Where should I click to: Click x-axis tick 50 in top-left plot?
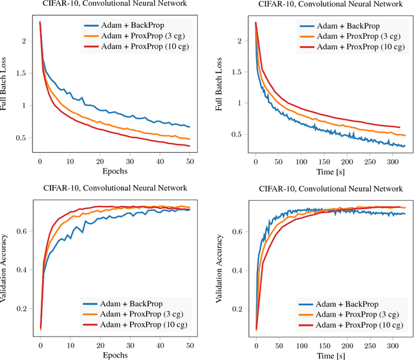click(x=190, y=162)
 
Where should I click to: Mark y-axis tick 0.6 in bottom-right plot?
click(x=236, y=231)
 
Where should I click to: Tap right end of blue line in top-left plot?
click(x=190, y=127)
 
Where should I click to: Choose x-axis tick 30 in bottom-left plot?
click(x=129, y=344)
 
